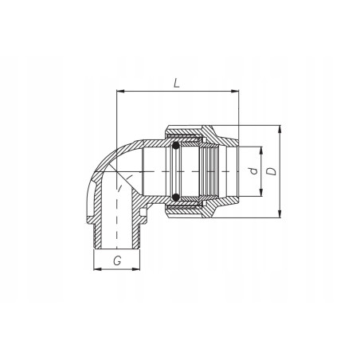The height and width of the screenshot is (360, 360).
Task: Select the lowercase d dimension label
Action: click(x=252, y=171)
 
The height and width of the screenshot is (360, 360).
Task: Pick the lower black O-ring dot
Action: click(x=174, y=197)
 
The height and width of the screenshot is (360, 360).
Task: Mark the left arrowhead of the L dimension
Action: click(x=120, y=92)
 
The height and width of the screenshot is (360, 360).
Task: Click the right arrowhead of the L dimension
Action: click(x=236, y=92)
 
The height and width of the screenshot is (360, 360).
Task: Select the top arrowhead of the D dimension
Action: click(x=280, y=128)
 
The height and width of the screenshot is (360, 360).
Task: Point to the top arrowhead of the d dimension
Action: click(x=261, y=149)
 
